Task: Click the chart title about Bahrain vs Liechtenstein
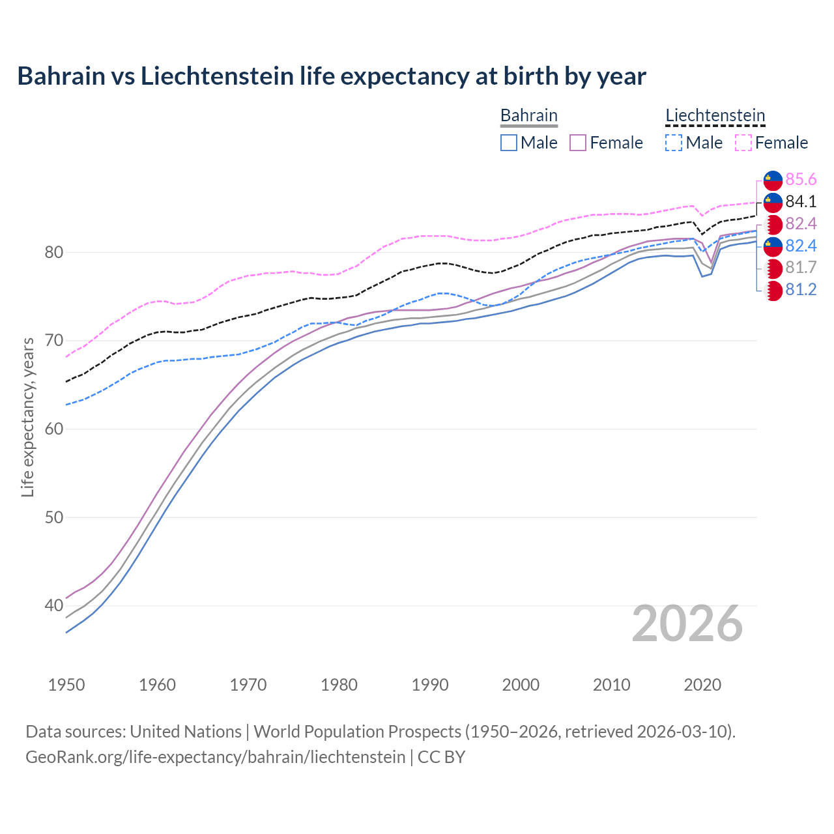331,76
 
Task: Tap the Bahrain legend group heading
528,115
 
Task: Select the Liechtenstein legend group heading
715,115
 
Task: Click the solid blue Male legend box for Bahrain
509,143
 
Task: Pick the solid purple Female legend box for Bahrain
578,143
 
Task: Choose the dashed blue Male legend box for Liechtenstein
674,143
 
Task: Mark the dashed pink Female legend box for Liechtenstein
743,143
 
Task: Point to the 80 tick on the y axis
53,252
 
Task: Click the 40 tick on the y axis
53,606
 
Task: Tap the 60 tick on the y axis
53,429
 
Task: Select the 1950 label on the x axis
66,685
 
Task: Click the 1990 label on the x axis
430,685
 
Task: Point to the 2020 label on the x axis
702,685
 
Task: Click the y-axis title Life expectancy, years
28,417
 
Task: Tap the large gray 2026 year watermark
687,624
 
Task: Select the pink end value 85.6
801,179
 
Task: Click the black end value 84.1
801,201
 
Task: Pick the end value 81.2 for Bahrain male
801,290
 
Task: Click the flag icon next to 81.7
773,268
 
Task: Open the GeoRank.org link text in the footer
215,757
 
